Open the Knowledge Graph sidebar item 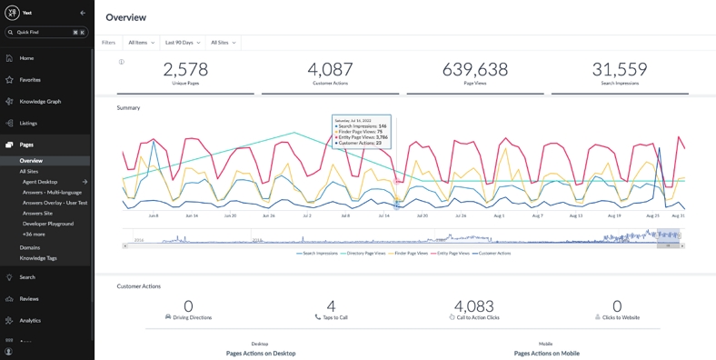[40, 102]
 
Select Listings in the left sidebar [28, 123]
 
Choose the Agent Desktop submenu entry [40, 182]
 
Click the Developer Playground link [48, 224]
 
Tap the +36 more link [34, 235]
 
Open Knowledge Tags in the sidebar [38, 258]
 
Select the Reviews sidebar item [29, 299]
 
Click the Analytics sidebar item [30, 320]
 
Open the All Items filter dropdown [140, 43]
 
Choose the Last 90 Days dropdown [182, 43]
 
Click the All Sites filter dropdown [223, 43]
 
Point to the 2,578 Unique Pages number [185, 70]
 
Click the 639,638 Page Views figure [475, 70]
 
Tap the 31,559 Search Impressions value [619, 70]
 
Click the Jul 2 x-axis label [306, 216]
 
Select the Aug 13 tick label [576, 216]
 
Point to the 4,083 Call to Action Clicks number [473, 306]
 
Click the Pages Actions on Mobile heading [546, 353]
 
